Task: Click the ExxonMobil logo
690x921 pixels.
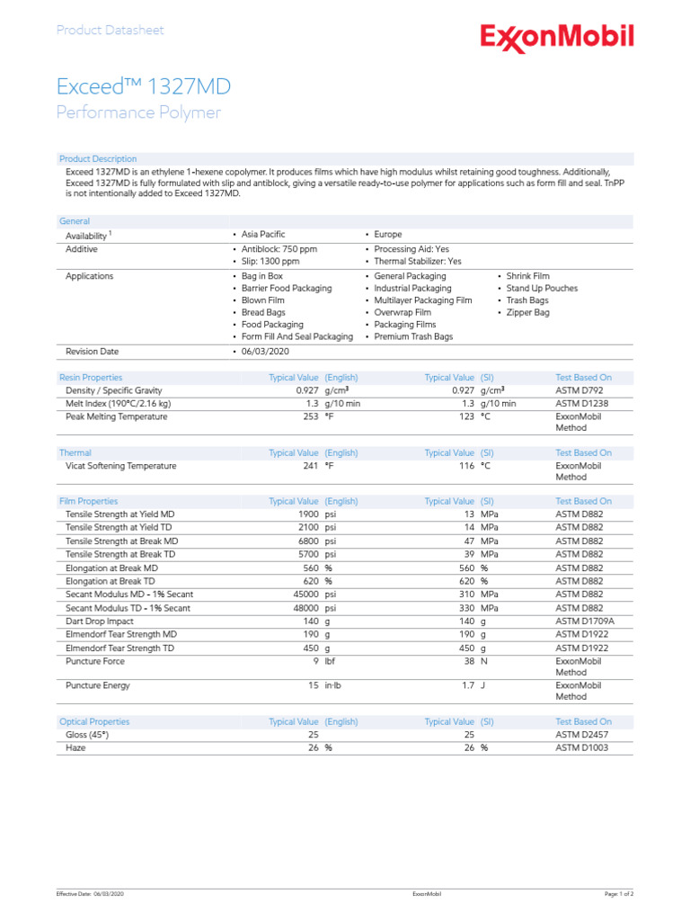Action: pyautogui.click(x=556, y=38)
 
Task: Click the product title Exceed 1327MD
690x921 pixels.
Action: pyautogui.click(x=143, y=86)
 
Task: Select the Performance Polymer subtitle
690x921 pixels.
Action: pyautogui.click(x=137, y=112)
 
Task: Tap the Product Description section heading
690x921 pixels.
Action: pyautogui.click(x=98, y=159)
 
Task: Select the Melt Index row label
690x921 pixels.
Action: pyautogui.click(x=118, y=404)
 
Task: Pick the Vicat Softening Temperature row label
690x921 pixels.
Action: pyautogui.click(x=120, y=466)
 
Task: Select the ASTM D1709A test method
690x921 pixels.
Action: pyautogui.click(x=586, y=621)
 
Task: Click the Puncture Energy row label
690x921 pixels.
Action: pyautogui.click(x=98, y=685)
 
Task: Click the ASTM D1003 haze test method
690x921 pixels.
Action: pyautogui.click(x=582, y=747)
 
